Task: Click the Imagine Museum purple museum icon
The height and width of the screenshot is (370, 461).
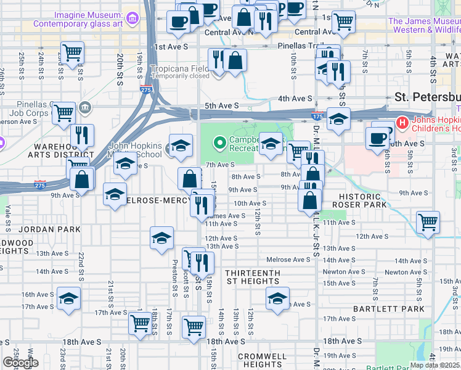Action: click(131, 18)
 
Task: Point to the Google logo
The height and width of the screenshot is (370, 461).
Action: click(20, 363)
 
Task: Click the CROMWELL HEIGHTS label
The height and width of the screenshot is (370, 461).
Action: click(262, 360)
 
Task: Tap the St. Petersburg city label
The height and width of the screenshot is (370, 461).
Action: click(427, 97)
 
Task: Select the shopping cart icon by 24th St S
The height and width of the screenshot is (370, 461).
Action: click(73, 52)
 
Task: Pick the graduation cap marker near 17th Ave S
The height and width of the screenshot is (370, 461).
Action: click(69, 298)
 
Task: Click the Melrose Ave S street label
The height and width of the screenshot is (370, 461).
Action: click(287, 260)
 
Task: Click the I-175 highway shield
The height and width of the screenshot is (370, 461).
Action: click(317, 116)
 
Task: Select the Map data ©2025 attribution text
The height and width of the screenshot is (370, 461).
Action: click(434, 364)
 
